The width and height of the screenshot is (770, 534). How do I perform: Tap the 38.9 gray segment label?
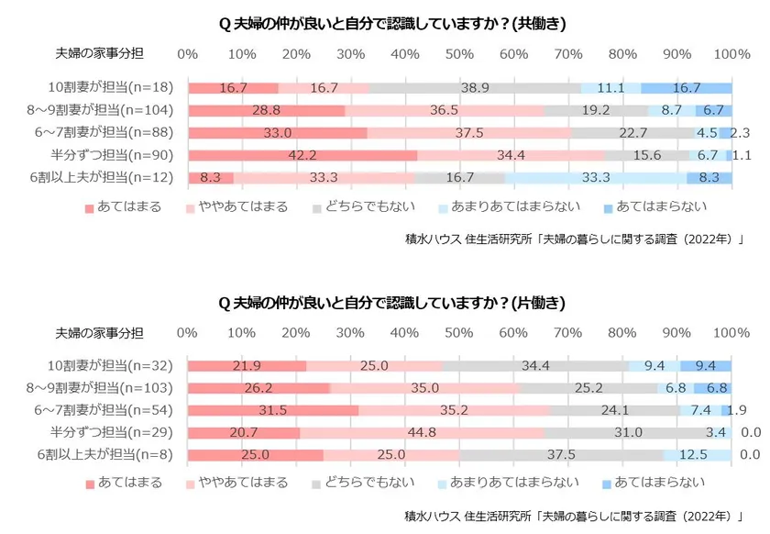click(474, 88)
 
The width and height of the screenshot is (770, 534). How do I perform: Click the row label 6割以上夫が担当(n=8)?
click(107, 454)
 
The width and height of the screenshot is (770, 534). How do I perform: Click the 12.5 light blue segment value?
click(697, 454)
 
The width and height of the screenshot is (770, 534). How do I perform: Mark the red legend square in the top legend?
click(90, 208)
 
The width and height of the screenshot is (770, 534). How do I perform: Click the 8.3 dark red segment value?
click(209, 178)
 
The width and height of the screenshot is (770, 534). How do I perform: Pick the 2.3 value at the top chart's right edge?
click(742, 133)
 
